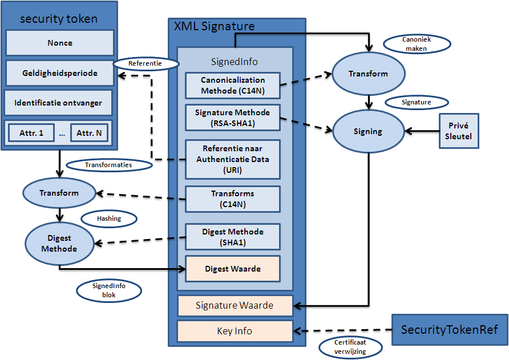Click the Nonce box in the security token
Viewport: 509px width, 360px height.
(x=59, y=43)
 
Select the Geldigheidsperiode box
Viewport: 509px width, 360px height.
(x=59, y=74)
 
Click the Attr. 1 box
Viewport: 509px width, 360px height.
(x=31, y=134)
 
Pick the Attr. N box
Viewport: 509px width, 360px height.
(x=90, y=134)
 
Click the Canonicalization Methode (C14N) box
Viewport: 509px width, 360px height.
(x=233, y=85)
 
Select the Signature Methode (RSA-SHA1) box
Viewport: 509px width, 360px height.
(x=233, y=116)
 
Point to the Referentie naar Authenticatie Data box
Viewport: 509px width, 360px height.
(x=233, y=159)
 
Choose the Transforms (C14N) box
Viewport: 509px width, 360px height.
(x=233, y=199)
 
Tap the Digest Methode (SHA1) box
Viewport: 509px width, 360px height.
(x=233, y=237)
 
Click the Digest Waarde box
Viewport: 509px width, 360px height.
(x=233, y=269)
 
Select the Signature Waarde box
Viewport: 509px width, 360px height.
(x=235, y=306)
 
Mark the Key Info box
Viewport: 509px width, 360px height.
(x=235, y=331)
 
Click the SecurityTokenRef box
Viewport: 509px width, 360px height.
(x=449, y=330)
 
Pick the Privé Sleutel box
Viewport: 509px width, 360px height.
(x=459, y=131)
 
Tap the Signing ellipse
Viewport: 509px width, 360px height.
(x=367, y=131)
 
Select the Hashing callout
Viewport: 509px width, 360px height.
(x=109, y=219)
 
